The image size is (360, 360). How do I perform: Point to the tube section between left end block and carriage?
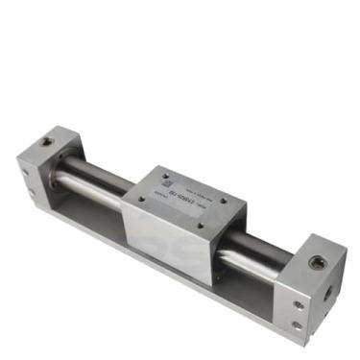91,180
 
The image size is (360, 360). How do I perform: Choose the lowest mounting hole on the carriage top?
199,227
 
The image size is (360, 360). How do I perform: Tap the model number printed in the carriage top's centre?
184,202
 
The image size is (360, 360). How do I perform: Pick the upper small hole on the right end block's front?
298,305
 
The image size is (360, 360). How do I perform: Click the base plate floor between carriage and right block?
245,288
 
